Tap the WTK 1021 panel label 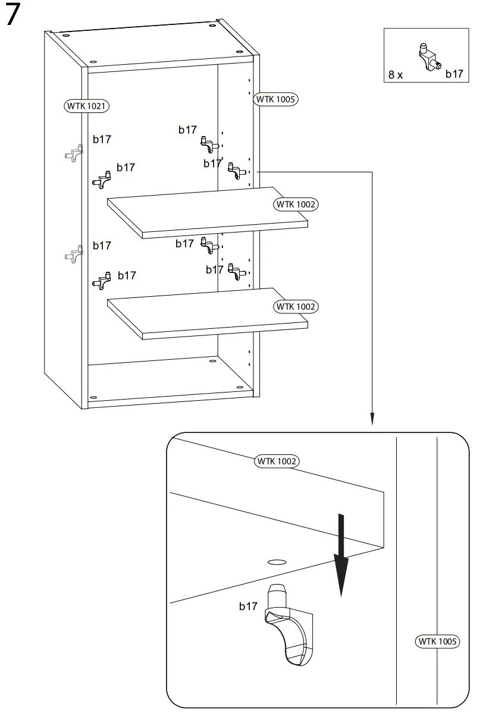point(87,106)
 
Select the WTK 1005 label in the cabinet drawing point(276,99)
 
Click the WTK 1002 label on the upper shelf point(296,205)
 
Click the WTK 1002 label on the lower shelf point(296,307)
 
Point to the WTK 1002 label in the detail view point(277,461)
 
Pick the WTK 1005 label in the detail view point(437,641)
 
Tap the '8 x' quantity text point(396,75)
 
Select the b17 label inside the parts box point(454,74)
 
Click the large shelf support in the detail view point(287,624)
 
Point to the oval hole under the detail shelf point(276,561)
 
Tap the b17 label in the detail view point(248,606)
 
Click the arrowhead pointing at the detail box point(372,420)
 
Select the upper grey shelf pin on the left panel point(73,153)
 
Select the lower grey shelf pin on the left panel point(73,255)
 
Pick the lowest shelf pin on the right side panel point(237,274)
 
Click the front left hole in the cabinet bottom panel point(93,397)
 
